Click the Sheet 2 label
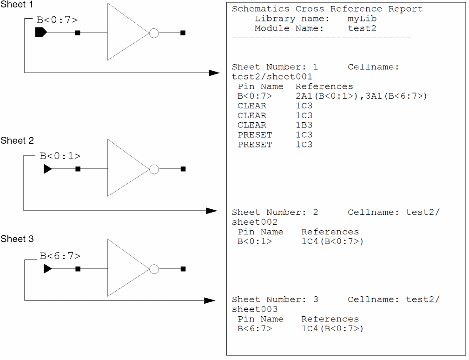[x=17, y=141]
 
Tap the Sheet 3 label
[x=17, y=239]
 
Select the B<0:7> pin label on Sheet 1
[x=57, y=20]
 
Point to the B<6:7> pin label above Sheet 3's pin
[x=60, y=256]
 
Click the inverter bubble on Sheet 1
[x=154, y=33]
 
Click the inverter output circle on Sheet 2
[x=154, y=169]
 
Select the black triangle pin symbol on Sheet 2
[x=47, y=169]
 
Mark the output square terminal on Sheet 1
[x=183, y=33]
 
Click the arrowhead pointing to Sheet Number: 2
[x=212, y=211]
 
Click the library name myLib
[x=362, y=19]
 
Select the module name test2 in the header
[x=362, y=28]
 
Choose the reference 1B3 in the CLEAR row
[x=304, y=125]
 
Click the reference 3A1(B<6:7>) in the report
[x=396, y=96]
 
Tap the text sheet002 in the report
[x=255, y=222]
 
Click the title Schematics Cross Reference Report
[x=327, y=9]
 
